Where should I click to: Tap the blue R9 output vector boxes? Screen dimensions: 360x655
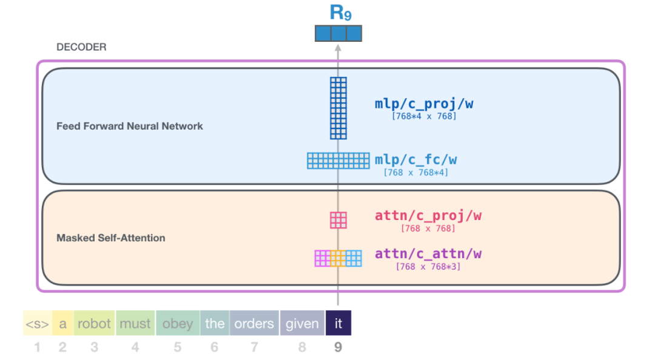pos(338,33)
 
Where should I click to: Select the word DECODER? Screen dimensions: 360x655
pos(81,47)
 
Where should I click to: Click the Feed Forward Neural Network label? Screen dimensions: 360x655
pos(130,126)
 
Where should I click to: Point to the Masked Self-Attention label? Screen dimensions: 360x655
pos(111,238)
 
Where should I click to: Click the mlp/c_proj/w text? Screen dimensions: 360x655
pos(424,104)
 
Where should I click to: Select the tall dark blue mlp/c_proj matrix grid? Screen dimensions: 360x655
pos(338,108)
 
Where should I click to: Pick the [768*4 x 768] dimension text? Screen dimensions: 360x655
pos(424,116)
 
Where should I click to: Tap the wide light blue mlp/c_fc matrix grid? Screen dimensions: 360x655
pos(338,161)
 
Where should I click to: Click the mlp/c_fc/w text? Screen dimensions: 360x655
pos(415,160)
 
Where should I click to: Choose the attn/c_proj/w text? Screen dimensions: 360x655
pos(428,216)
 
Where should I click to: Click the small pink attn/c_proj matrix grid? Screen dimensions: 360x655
pos(338,220)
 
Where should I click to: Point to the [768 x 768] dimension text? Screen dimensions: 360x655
pos(428,228)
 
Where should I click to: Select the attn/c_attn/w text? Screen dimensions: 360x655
pos(428,254)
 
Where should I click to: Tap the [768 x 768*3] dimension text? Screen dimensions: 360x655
pos(428,267)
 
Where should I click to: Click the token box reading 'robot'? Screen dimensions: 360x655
pos(94,323)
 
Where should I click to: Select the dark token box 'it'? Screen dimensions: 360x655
pos(338,323)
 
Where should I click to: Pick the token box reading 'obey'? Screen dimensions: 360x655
pos(178,323)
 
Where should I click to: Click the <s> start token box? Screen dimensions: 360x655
pos(38,323)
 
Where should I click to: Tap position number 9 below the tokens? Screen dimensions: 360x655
pos(338,347)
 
